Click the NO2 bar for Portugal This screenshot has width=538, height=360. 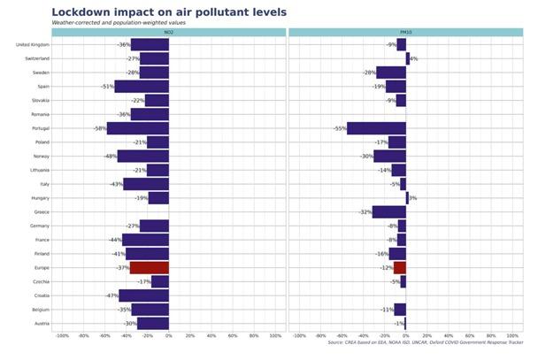point(137,128)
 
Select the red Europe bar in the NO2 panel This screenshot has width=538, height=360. point(149,268)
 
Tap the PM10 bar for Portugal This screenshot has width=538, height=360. point(376,128)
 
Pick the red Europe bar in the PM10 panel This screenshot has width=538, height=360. point(400,268)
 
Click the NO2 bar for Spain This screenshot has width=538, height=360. point(142,87)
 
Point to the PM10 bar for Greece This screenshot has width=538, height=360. point(388,212)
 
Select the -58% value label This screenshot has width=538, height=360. point(99,128)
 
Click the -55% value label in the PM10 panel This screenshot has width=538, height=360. point(340,128)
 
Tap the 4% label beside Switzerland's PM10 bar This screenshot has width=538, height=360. point(414,58)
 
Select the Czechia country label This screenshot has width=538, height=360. point(39,281)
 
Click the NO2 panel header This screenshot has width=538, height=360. point(168,32)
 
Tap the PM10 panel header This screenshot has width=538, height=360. point(405,32)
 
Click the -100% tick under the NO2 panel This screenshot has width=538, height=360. point(62,336)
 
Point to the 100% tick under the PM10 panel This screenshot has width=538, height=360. point(513,336)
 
